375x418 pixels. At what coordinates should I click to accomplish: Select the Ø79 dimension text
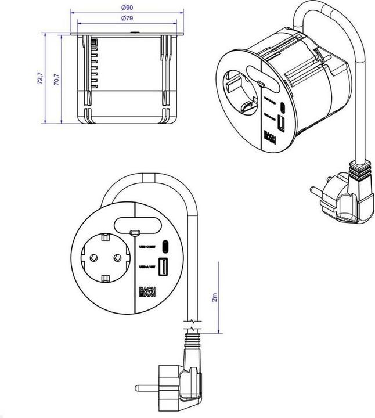pos(128,19)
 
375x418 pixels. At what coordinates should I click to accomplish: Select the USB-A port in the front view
pos(164,268)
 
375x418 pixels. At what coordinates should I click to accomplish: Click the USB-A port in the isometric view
pos(282,123)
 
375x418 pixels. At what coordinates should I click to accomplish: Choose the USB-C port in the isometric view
pos(283,109)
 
